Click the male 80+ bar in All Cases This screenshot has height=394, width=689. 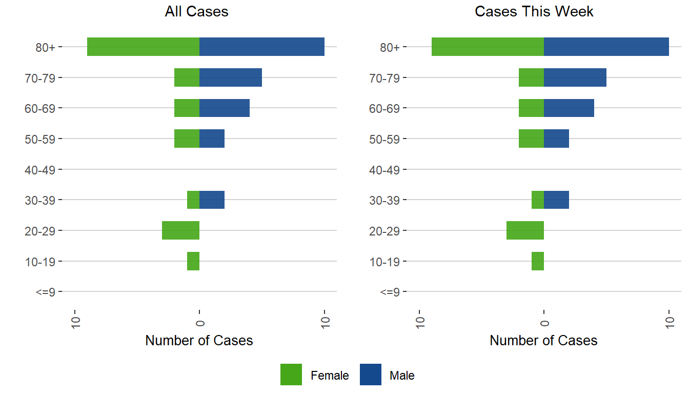[x=261, y=47]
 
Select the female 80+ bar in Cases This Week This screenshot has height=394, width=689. [x=488, y=47]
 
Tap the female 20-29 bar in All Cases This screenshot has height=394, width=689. [x=180, y=230]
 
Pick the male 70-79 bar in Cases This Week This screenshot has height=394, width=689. [x=575, y=77]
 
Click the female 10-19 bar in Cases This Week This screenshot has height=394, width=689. [x=538, y=261]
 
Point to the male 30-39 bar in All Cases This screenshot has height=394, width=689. [x=212, y=200]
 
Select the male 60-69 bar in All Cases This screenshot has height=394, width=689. [x=224, y=108]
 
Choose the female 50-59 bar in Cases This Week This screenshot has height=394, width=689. [x=531, y=139]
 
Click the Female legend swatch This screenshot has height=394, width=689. [x=291, y=375]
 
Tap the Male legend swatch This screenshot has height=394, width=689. [x=371, y=375]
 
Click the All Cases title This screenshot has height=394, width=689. [x=196, y=12]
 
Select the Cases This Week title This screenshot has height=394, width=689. [x=534, y=12]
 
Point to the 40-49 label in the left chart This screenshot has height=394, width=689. [x=40, y=169]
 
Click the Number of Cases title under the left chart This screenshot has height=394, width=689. [x=199, y=341]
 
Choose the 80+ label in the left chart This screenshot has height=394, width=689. [x=45, y=47]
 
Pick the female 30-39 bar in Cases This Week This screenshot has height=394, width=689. [x=538, y=200]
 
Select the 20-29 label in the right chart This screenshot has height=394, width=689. [x=384, y=230]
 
